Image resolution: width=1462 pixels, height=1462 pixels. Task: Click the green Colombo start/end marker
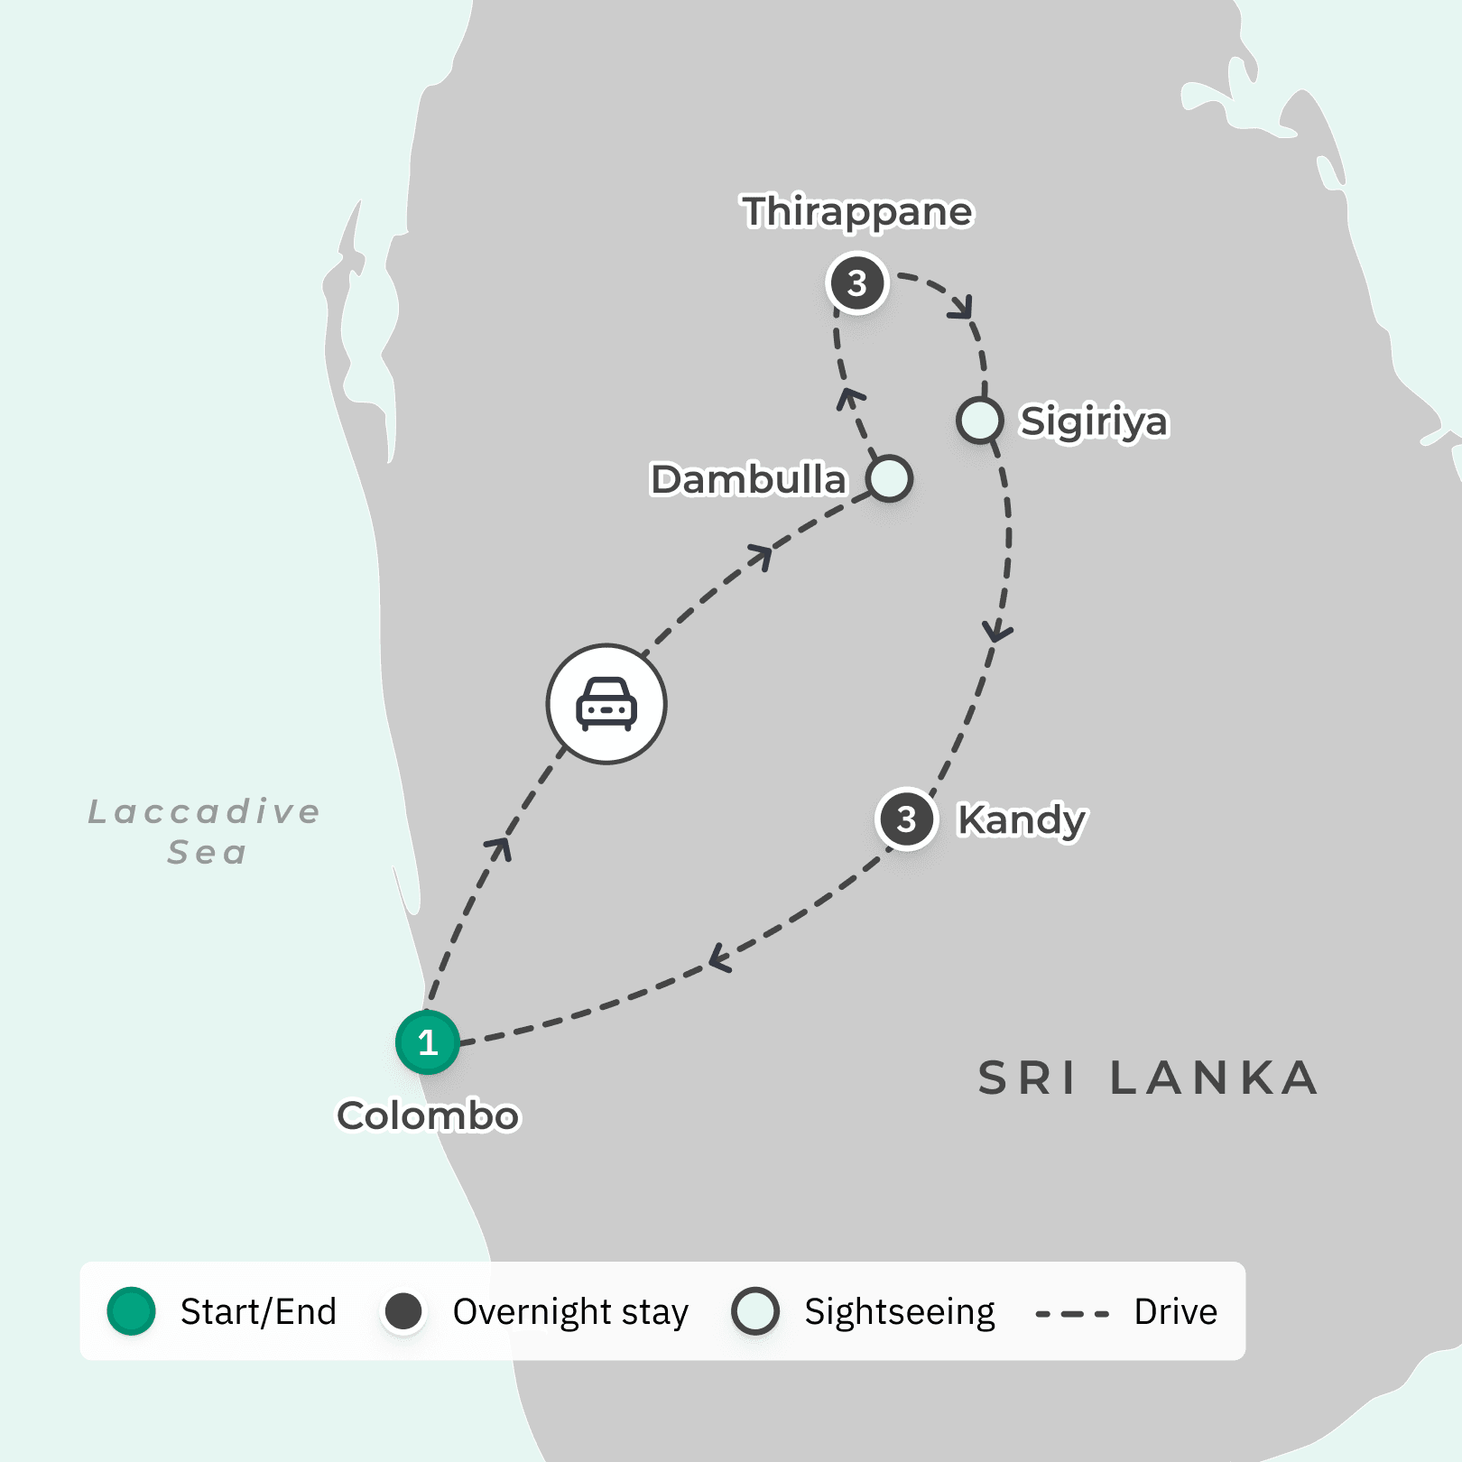(x=428, y=1042)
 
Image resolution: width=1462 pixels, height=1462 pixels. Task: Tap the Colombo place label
(x=428, y=1115)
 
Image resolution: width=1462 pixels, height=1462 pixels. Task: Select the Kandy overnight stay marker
(x=906, y=819)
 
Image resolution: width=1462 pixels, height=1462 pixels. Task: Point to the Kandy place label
(x=1022, y=819)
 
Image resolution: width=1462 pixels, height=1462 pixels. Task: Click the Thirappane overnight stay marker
(x=857, y=283)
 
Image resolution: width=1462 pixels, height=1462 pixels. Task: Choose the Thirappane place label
(x=857, y=212)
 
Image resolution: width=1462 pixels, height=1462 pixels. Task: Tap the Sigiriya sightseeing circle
(x=980, y=421)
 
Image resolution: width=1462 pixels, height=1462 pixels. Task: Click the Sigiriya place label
(x=1094, y=421)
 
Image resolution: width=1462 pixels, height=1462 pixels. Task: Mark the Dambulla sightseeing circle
(x=889, y=478)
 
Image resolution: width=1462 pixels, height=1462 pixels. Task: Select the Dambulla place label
(x=748, y=479)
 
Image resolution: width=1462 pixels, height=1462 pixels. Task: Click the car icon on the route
(x=606, y=704)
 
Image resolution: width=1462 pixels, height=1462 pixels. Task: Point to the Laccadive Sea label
(x=205, y=831)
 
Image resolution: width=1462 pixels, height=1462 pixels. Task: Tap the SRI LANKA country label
(x=1148, y=1078)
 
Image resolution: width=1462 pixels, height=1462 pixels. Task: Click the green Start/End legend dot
(x=132, y=1311)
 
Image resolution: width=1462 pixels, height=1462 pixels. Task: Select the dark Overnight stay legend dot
(x=403, y=1311)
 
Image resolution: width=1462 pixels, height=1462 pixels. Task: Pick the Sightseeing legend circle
(x=755, y=1311)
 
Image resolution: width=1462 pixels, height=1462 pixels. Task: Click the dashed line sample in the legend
(x=1072, y=1313)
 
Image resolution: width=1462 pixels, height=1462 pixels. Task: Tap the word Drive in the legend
(x=1175, y=1311)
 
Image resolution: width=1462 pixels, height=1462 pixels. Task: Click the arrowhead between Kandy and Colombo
(x=719, y=958)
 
